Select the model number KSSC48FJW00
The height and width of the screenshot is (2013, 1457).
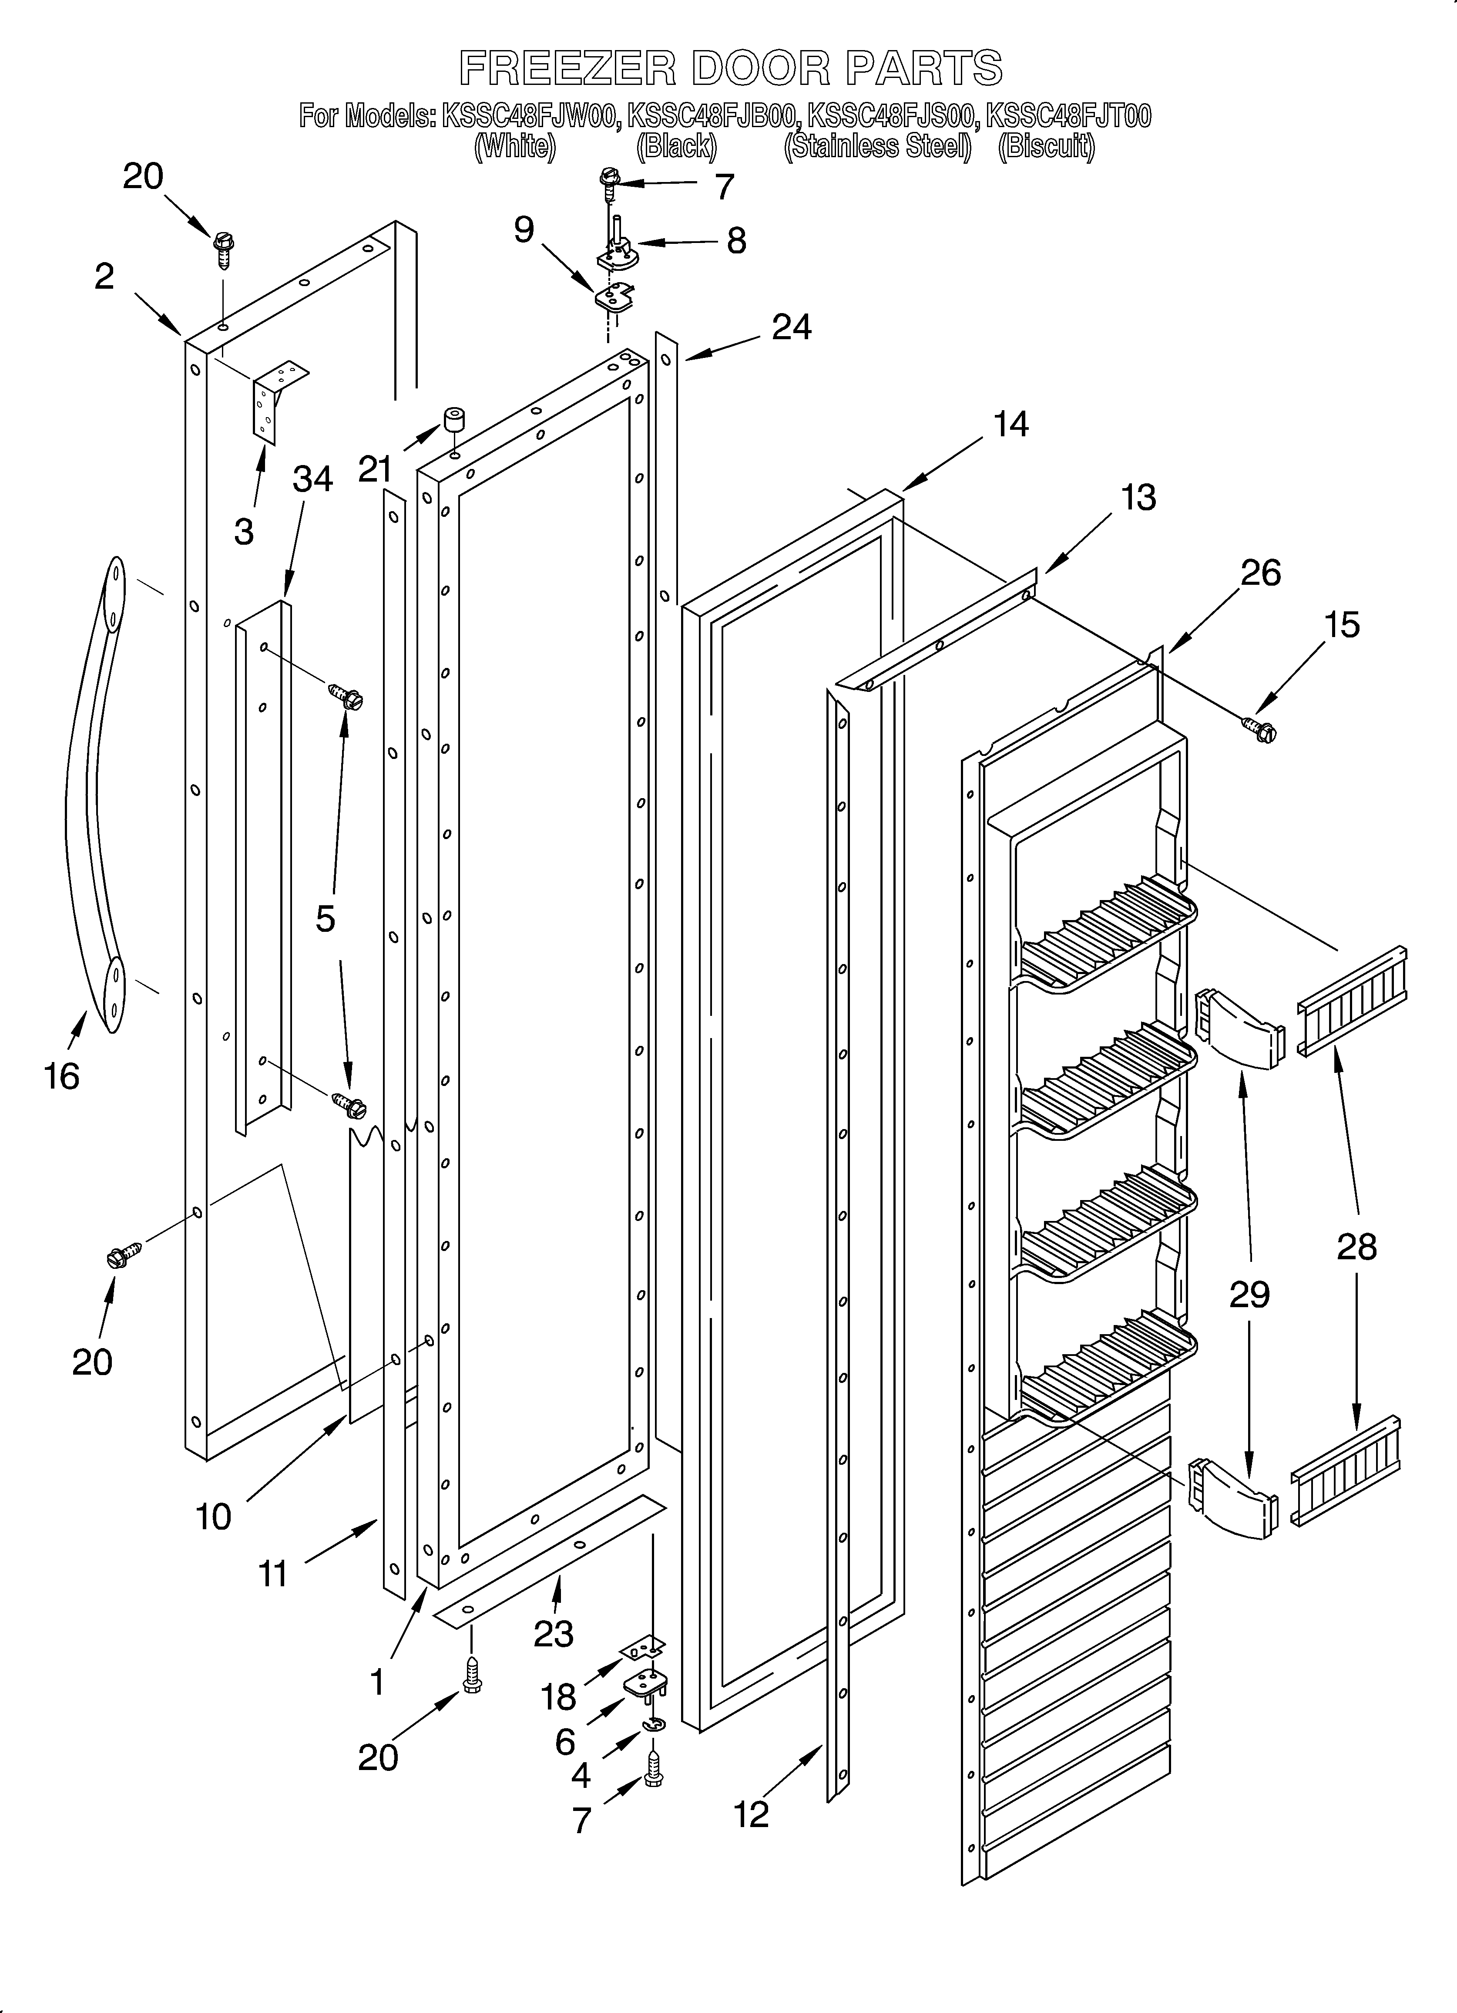pos(529,116)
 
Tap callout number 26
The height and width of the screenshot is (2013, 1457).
pos(1260,573)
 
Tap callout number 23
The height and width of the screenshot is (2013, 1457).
pos(554,1633)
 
